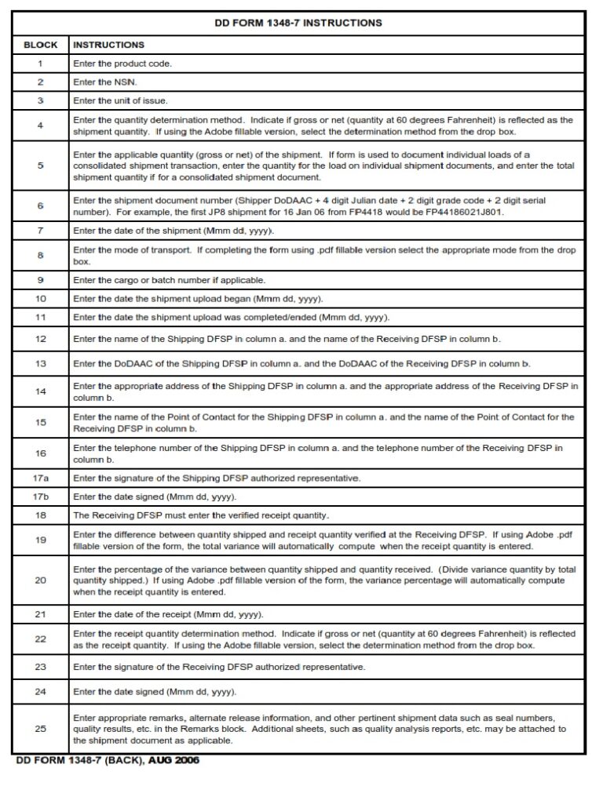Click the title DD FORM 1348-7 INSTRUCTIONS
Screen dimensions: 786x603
tap(298, 24)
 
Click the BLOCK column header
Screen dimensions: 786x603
tap(40, 45)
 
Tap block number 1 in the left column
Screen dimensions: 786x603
tap(40, 63)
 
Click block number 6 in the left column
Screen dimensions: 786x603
tap(40, 206)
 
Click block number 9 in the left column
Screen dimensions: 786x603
tap(40, 279)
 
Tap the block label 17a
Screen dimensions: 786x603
tap(40, 478)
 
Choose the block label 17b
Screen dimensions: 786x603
tap(40, 497)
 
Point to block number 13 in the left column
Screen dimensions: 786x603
tap(40, 363)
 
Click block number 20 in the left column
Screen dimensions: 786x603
tap(40, 580)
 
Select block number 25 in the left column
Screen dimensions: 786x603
tap(40, 728)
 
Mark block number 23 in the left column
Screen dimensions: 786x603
tap(40, 666)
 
